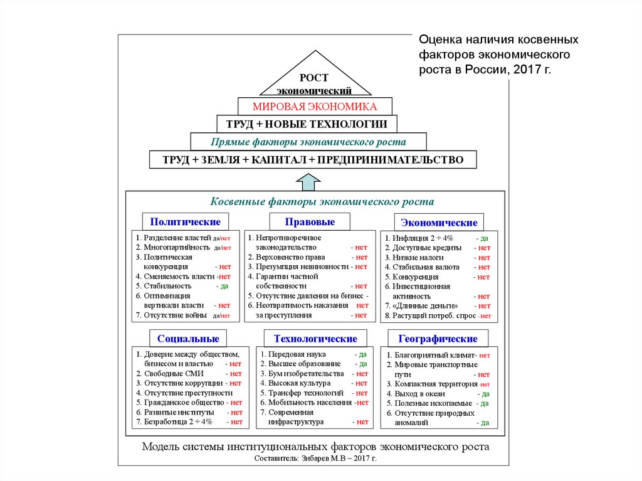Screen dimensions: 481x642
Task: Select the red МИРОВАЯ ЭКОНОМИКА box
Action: point(314,106)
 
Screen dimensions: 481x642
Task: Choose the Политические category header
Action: point(185,222)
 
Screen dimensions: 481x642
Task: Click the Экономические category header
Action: point(439,223)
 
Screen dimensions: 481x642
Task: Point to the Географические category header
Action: point(438,339)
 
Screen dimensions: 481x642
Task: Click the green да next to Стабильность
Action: point(223,286)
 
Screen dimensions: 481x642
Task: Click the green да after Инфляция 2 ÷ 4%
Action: point(483,238)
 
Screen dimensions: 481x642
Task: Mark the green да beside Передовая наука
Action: point(362,354)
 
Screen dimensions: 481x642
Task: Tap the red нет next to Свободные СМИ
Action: point(236,373)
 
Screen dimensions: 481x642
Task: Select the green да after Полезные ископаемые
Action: point(483,403)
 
